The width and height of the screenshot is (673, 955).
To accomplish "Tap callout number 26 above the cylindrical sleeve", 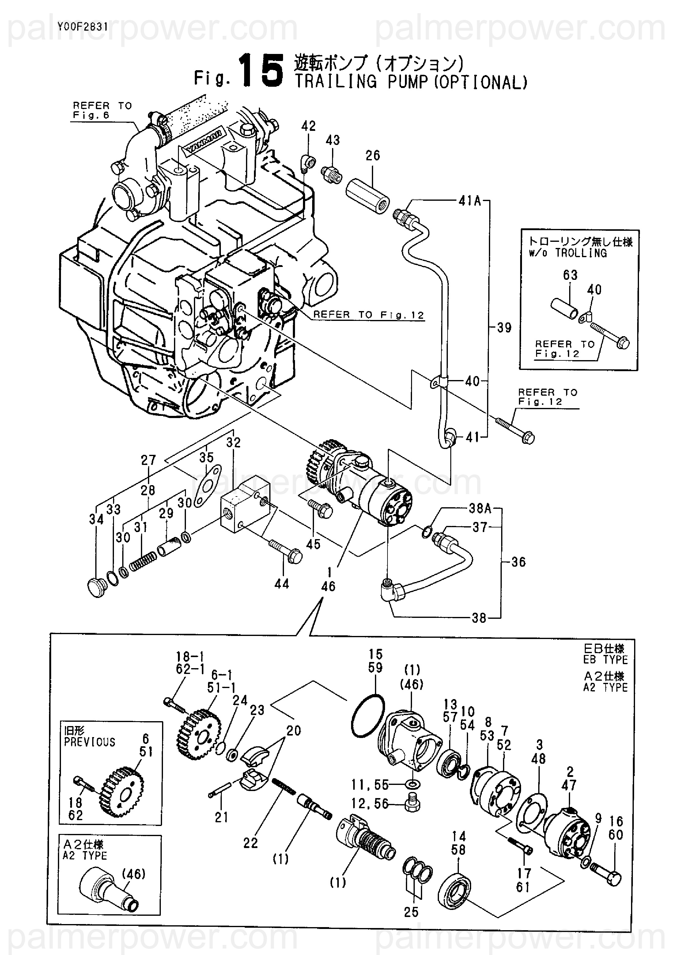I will (372, 156).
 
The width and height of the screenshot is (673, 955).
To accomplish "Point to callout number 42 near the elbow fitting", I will (308, 126).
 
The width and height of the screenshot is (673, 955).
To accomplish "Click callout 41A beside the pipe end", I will (469, 201).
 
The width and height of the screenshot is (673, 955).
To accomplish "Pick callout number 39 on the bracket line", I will (504, 328).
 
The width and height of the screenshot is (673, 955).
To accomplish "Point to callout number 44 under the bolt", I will (282, 584).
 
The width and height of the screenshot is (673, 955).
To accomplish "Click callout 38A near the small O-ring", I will (480, 508).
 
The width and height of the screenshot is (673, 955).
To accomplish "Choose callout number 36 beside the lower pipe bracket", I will (518, 562).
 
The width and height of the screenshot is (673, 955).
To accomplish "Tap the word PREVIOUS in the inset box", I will (89, 742).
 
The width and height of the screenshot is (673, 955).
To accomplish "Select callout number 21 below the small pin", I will (221, 817).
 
